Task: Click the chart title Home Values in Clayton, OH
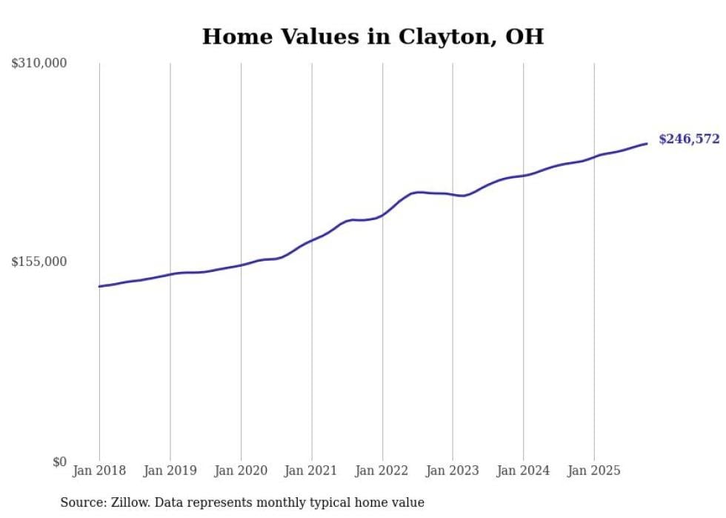373,37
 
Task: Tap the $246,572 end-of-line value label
689,139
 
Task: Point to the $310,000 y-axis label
39,64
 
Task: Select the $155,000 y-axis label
39,262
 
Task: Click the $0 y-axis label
59,462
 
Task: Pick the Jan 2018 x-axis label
99,471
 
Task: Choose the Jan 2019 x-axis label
170,471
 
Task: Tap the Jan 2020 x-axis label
241,471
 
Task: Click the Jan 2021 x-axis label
311,471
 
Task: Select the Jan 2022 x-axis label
382,471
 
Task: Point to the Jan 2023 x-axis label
453,471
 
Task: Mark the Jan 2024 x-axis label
523,471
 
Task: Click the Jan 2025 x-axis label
593,471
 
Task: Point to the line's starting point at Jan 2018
99,286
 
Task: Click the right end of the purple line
647,144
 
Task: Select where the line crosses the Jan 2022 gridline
382,216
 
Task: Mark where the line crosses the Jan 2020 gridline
241,265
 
